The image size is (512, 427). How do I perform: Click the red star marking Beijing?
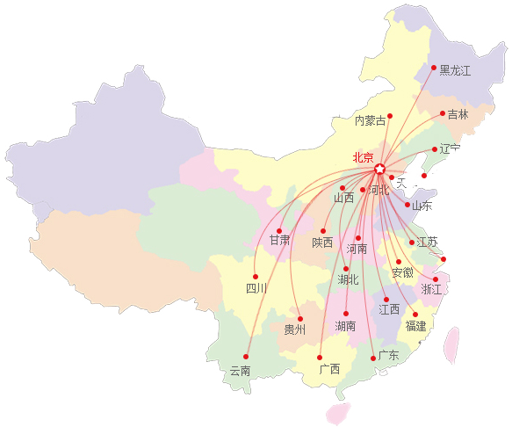tap(380, 169)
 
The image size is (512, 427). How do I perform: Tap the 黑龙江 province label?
tap(455, 69)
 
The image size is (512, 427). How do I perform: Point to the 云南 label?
tap(240, 371)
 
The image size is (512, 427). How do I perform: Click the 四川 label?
tap(256, 287)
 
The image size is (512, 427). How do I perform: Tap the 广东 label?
tap(388, 355)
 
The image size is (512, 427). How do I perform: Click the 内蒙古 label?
tap(370, 120)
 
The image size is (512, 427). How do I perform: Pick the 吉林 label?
tap(458, 114)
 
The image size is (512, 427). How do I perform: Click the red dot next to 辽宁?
tap(434, 149)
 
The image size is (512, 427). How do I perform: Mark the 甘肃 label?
tap(279, 240)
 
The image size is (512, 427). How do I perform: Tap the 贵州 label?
tap(295, 329)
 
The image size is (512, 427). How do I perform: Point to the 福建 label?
tap(415, 326)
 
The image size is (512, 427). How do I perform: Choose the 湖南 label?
tap(345, 326)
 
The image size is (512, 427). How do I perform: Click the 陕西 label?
tap(322, 242)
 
